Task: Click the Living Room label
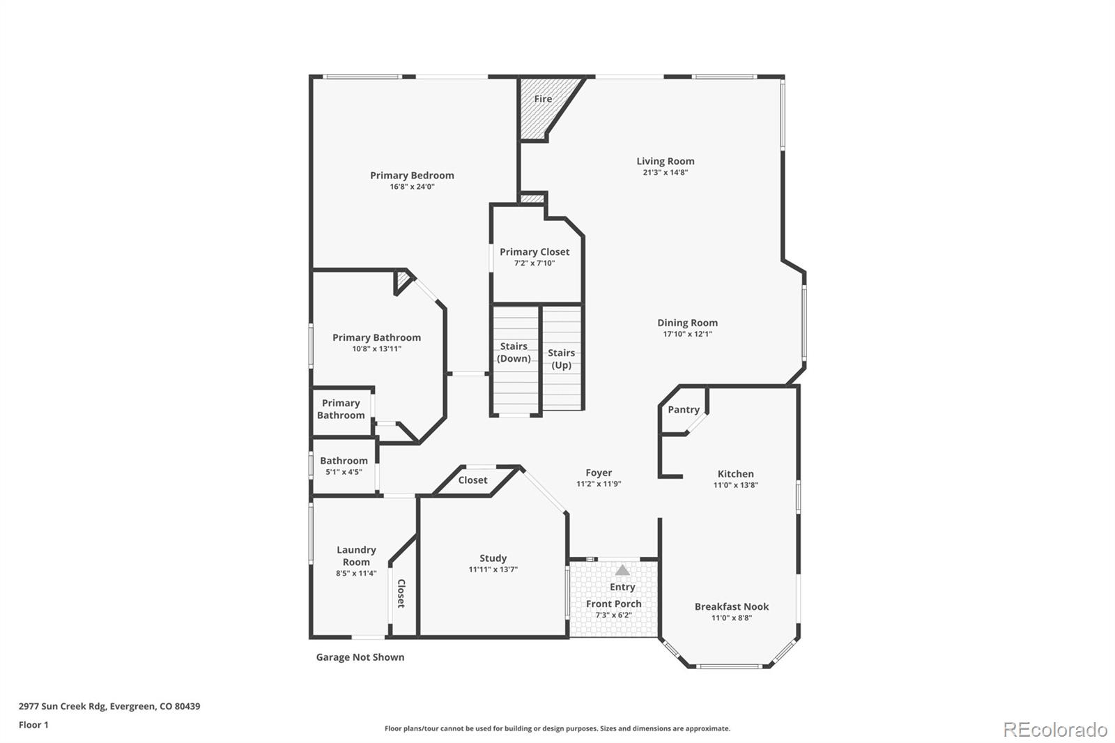point(665,161)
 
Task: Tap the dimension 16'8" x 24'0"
point(412,187)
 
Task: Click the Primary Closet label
point(535,252)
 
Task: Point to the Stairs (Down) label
point(514,352)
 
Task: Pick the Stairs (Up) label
point(561,359)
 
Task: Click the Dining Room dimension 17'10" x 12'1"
point(687,334)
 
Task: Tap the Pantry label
point(683,409)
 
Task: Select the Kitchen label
point(735,473)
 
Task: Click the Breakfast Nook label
point(731,606)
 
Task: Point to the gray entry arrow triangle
point(622,570)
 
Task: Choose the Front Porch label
point(613,604)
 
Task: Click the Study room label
point(493,558)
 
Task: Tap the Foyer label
point(599,473)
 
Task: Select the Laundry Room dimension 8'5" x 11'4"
point(356,574)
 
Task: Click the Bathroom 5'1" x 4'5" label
point(344,461)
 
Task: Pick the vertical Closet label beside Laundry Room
point(401,593)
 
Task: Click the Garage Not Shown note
point(360,657)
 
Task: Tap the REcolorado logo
point(1054,729)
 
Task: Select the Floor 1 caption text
point(33,725)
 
